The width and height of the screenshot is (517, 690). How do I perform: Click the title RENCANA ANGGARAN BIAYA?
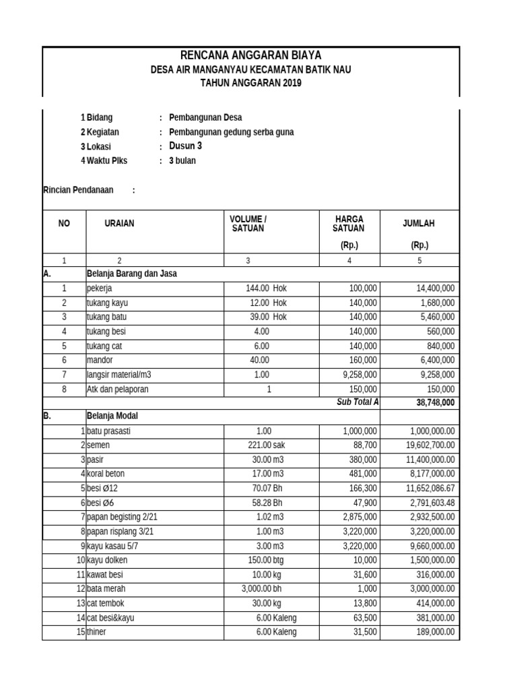[251, 56]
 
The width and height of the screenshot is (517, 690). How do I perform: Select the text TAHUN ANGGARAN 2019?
[251, 83]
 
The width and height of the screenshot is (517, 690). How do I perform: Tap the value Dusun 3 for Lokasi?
[185, 146]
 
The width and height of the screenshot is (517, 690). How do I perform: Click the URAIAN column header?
[119, 224]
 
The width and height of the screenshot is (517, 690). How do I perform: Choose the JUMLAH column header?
[419, 224]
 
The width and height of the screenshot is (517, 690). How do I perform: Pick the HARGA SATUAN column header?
[349, 224]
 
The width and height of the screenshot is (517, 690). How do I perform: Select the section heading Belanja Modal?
[112, 416]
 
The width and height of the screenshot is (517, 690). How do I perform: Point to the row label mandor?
[100, 360]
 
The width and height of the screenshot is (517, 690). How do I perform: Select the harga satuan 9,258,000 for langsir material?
[357, 375]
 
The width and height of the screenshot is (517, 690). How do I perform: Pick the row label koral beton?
[106, 474]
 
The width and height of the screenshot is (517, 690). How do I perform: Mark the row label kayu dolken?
[106, 560]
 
